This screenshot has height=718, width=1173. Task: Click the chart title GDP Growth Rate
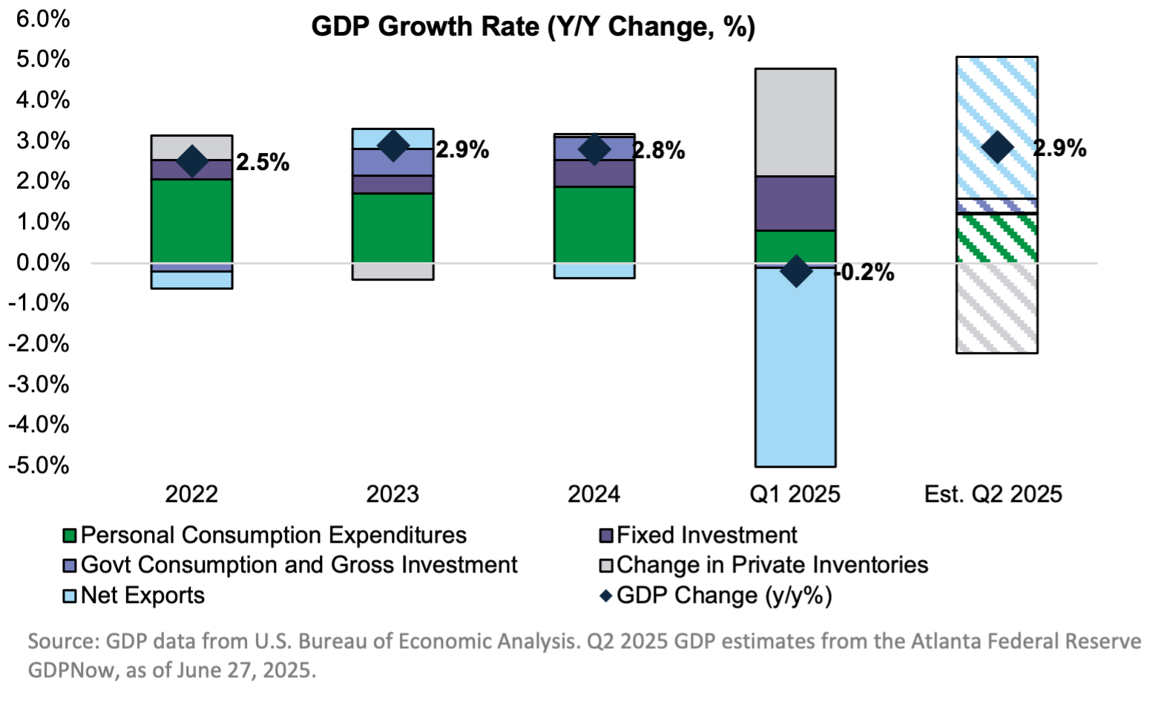pyautogui.click(x=533, y=27)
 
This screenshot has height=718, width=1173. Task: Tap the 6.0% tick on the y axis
pyautogui.click(x=42, y=19)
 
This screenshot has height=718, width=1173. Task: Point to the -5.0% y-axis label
pyautogui.click(x=39, y=466)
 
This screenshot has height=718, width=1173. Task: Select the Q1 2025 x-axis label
pyautogui.click(x=795, y=494)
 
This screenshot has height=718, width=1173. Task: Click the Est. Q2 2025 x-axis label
pyautogui.click(x=993, y=494)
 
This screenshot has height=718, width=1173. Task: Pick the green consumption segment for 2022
pyautogui.click(x=191, y=221)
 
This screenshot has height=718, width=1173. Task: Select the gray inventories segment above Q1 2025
pyautogui.click(x=795, y=123)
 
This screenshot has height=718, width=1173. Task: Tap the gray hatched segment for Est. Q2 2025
pyautogui.click(x=996, y=308)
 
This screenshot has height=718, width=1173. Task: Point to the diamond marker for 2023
pyautogui.click(x=392, y=146)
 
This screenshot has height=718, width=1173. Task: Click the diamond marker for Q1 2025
pyautogui.click(x=795, y=271)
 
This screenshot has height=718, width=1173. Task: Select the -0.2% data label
pyautogui.click(x=866, y=272)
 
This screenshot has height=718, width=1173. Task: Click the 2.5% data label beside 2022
pyautogui.click(x=262, y=163)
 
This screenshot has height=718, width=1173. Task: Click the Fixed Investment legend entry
pyautogui.click(x=706, y=535)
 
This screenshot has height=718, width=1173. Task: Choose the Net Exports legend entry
pyautogui.click(x=142, y=595)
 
